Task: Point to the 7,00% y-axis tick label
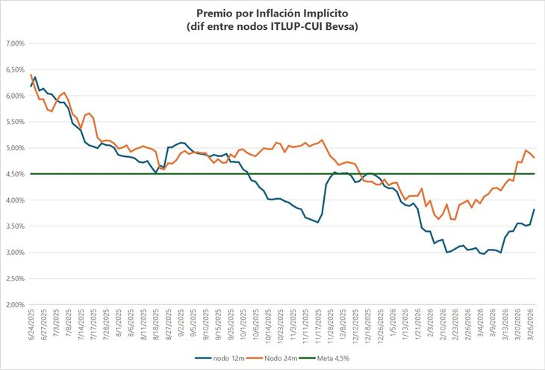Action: point(16,44)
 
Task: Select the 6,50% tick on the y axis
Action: point(16,70)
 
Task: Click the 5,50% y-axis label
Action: point(16,122)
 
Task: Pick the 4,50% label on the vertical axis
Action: point(16,174)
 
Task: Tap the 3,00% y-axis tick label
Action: point(16,253)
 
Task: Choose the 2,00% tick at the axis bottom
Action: point(16,304)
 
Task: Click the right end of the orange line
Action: point(534,158)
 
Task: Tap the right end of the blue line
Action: point(534,209)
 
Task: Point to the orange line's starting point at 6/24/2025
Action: point(31,75)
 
